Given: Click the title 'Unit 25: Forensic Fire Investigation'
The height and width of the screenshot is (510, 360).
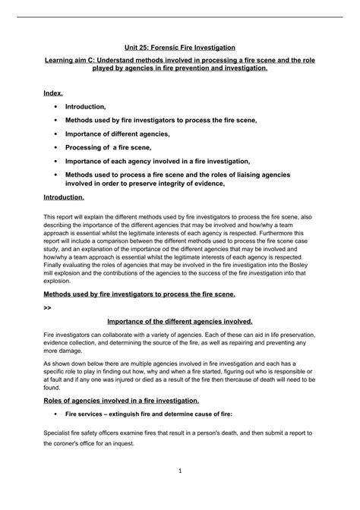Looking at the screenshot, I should [180, 47].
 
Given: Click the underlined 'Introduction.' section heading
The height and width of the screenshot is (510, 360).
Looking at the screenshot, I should [64, 197].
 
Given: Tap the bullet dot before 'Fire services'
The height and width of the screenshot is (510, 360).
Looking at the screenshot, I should [55, 414].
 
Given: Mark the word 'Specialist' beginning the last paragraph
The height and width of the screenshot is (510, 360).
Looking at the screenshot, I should [58, 433].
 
